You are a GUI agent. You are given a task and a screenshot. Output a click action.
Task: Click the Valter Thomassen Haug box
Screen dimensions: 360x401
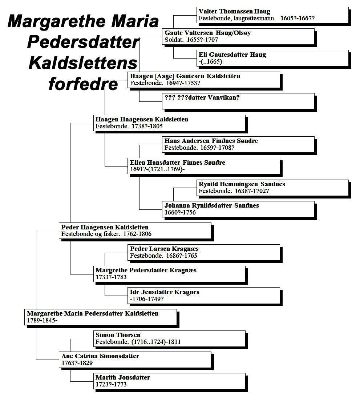pos(272,15)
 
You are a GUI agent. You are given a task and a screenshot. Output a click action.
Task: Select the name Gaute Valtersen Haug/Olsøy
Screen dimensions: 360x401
pos(207,33)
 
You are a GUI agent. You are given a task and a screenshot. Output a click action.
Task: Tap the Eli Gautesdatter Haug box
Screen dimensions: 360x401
pos(272,58)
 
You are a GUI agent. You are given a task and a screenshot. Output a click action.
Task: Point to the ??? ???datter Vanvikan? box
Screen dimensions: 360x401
pos(238,101)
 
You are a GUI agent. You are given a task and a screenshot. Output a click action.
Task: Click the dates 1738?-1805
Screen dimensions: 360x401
pos(147,126)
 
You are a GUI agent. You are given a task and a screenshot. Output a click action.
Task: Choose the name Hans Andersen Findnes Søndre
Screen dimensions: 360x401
pos(211,141)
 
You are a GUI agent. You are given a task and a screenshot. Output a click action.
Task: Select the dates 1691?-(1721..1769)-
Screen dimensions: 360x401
pos(157,169)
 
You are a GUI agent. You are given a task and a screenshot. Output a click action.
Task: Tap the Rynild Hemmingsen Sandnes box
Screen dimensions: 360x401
pos(272,188)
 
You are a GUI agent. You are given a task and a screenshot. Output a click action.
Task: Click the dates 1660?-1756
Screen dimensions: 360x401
pos(180,212)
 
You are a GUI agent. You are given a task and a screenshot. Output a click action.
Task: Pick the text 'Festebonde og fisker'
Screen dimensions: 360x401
pos(90,234)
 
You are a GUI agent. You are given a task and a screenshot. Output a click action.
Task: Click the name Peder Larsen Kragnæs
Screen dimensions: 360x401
pos(164,249)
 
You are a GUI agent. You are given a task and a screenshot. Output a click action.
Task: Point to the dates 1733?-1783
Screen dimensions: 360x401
pos(111,277)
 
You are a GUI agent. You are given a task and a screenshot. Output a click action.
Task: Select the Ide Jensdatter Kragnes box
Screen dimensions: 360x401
pos(204,296)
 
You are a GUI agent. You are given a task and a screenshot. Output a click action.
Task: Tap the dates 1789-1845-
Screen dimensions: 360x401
pos(42,320)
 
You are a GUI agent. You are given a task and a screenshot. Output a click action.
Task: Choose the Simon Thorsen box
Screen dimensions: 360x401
pos(169,339)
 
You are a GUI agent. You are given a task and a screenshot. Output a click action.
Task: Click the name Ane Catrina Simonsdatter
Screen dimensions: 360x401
pos(100,356)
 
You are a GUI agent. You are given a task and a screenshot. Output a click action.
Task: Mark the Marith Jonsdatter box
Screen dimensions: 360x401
pos(169,381)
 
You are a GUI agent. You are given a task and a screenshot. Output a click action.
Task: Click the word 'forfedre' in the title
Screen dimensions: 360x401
pos(83,84)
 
